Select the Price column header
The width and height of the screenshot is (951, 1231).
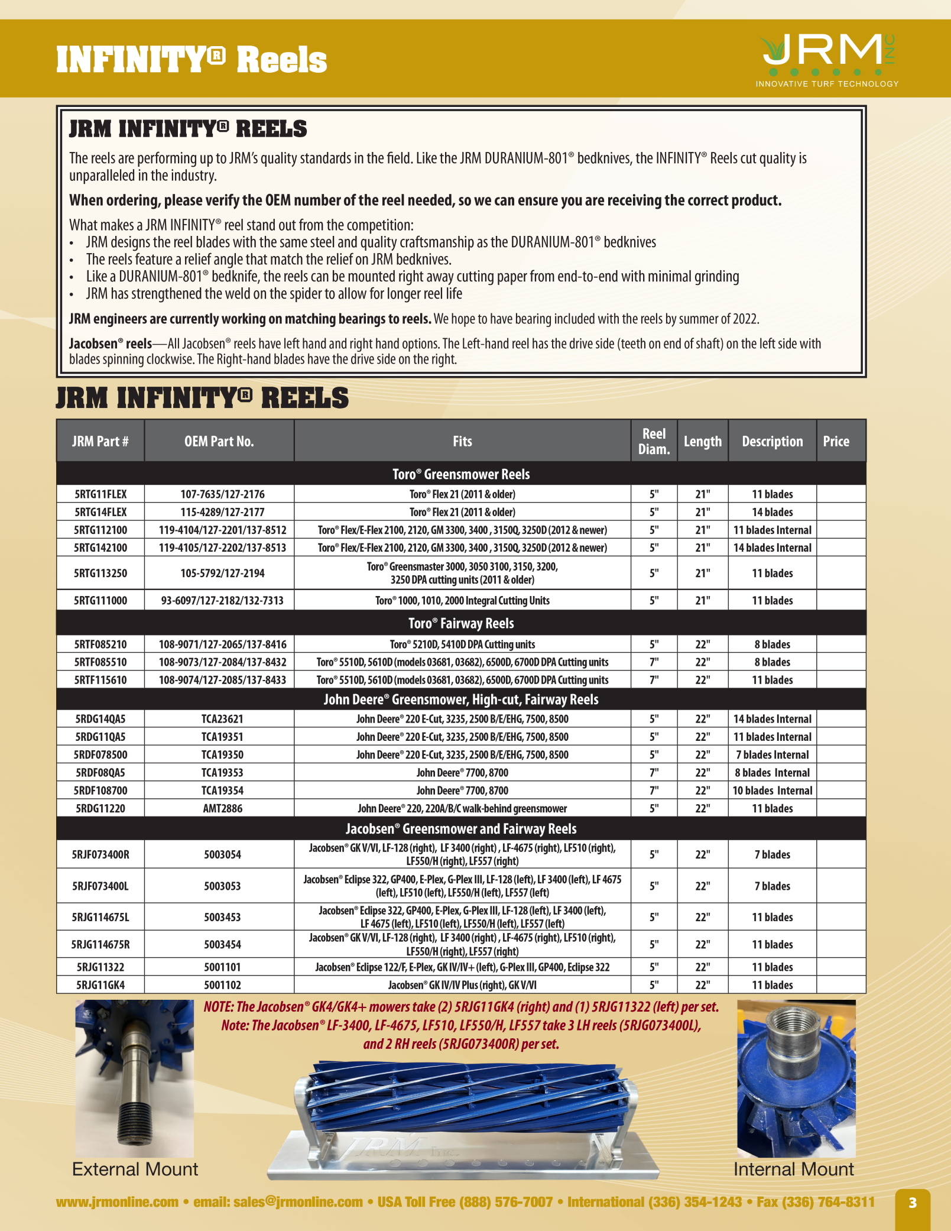836,441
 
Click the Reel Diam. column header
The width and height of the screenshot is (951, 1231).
654,441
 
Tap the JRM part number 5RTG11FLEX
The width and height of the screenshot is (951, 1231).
100,494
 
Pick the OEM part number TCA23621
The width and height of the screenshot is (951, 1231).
222,719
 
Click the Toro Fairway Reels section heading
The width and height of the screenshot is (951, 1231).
461,623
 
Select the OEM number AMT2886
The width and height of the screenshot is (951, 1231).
222,808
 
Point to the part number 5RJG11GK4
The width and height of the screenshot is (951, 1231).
100,985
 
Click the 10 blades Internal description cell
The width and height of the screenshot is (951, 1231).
772,791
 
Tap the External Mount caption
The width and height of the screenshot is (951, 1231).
135,1170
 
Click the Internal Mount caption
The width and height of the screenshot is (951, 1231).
793,1170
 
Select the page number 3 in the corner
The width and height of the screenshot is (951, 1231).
912,1203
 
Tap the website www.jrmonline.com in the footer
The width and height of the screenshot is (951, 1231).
117,1202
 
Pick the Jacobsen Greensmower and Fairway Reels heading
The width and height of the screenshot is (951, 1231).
461,828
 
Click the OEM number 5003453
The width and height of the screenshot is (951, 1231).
222,917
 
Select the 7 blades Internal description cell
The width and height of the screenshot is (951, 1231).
772,755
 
